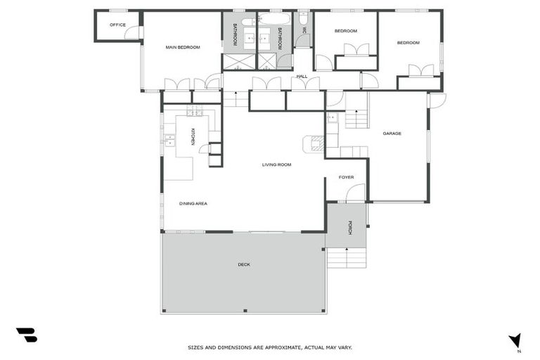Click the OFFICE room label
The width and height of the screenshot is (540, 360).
117,25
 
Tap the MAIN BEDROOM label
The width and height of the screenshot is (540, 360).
183,47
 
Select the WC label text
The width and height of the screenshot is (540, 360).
304,30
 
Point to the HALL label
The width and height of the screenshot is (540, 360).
302,76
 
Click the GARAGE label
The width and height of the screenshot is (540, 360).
392,133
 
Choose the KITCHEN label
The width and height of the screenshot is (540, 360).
193,136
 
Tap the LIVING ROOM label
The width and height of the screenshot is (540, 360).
276,165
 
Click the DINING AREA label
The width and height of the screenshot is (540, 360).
193,203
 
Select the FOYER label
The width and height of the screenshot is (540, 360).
346,177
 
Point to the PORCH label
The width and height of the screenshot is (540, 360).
349,227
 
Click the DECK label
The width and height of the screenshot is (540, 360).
244,264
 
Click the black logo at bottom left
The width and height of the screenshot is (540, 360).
27,335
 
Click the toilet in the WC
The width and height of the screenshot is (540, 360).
303,19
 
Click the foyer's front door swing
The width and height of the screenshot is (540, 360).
356,193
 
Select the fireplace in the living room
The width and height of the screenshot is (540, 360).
314,144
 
